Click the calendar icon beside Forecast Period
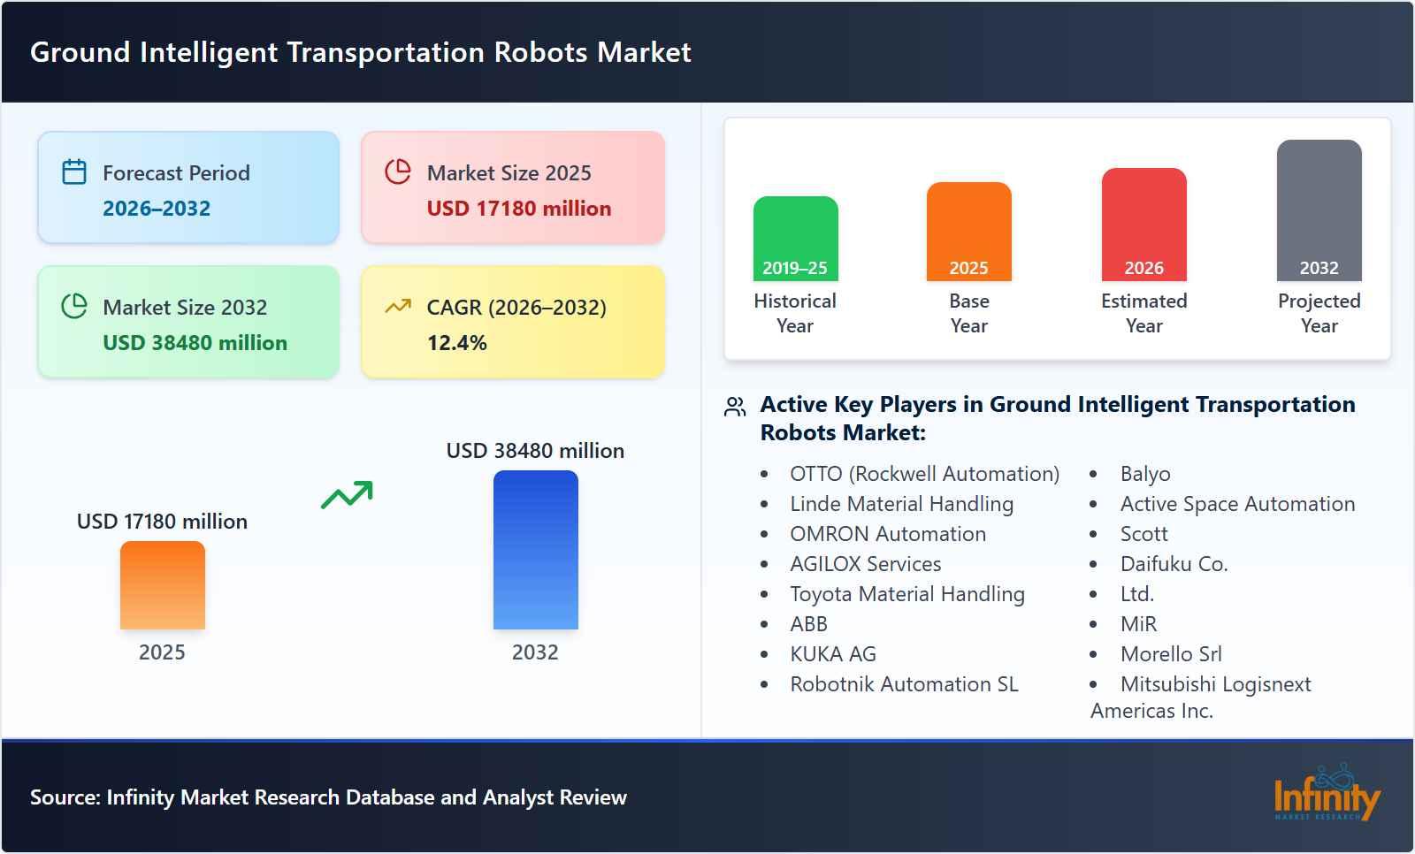(74, 172)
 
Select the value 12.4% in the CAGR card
(456, 343)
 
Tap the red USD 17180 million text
(518, 209)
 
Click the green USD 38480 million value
(195, 343)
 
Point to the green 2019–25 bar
(795, 239)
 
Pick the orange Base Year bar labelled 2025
(968, 232)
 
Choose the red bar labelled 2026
(1143, 225)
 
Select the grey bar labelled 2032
(1319, 210)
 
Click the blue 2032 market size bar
(535, 550)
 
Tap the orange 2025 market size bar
(162, 585)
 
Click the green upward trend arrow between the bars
(347, 495)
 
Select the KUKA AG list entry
(832, 654)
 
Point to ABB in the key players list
(808, 624)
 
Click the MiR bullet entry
(1138, 624)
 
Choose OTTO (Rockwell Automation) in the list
(924, 474)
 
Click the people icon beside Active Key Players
(735, 407)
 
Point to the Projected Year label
(1319, 313)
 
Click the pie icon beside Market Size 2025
(398, 172)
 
